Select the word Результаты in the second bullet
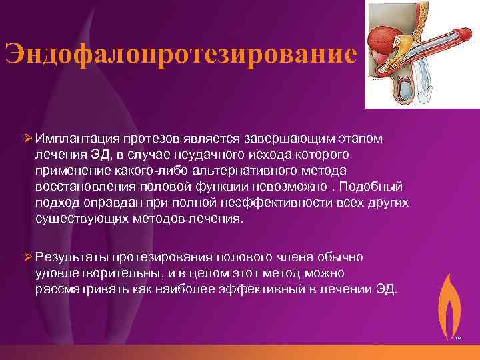72,257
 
